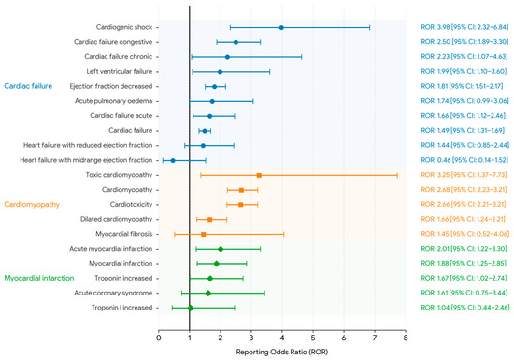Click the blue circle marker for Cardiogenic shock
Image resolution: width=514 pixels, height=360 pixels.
click(281, 27)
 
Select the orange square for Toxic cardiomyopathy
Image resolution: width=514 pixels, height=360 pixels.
click(259, 175)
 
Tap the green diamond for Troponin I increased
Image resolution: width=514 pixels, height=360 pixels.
click(190, 308)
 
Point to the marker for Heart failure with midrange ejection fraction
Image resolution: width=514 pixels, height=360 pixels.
click(173, 160)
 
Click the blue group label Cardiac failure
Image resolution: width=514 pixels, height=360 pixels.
click(28, 86)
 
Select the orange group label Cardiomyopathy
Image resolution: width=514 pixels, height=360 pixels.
click(32, 204)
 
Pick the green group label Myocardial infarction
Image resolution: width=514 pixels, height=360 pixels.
click(39, 278)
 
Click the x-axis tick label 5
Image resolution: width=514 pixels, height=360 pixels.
click(313, 338)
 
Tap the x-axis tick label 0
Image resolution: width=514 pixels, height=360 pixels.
click(159, 338)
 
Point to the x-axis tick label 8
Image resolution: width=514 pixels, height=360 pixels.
click(406, 338)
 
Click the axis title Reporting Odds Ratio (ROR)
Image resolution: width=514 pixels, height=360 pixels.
click(282, 353)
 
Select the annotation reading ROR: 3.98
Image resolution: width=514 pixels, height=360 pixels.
click(435, 27)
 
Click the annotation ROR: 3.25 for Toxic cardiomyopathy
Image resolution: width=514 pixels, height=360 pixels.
click(435, 175)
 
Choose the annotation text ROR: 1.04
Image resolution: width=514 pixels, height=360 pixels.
click(435, 308)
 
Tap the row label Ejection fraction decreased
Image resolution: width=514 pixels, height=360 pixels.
click(111, 86)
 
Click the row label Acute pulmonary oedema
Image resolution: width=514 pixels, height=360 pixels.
click(113, 101)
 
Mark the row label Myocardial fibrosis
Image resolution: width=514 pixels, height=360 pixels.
click(124, 234)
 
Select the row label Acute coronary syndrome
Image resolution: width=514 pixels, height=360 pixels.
click(113, 293)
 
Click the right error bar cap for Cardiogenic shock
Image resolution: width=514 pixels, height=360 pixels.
click(370, 27)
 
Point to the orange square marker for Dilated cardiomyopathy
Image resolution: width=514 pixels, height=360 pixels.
click(209, 220)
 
